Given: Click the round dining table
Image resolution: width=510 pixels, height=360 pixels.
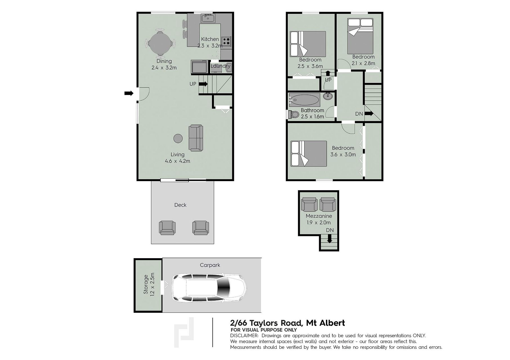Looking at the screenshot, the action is [160, 44].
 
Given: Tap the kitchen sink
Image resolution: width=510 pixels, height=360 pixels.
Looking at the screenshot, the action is [208, 18].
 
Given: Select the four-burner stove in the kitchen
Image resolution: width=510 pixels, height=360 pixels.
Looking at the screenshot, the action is [226, 41].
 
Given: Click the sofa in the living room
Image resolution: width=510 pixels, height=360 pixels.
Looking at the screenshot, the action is [196, 138].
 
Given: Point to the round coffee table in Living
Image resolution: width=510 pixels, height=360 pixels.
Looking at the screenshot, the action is [178, 138].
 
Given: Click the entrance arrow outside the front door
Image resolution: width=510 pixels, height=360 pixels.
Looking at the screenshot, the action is [129, 93].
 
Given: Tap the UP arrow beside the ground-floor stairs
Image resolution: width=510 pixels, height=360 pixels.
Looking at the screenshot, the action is [203, 84].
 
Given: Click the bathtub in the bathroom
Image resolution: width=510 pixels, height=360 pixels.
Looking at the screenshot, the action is [305, 100].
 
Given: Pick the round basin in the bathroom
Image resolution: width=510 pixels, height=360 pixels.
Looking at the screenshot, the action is [328, 96].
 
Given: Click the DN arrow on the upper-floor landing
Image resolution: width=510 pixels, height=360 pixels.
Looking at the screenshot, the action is [369, 114].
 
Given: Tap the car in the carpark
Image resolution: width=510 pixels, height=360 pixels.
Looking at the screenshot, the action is [209, 288].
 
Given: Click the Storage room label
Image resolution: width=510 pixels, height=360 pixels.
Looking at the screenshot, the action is [146, 284].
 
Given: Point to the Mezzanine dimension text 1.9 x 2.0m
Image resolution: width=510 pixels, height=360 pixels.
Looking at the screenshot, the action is [319, 222].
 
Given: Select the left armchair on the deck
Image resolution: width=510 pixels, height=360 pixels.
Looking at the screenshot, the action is [167, 228].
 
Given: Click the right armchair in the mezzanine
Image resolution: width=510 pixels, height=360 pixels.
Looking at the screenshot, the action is [328, 204].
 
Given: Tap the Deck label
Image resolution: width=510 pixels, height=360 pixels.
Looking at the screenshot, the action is [180, 205].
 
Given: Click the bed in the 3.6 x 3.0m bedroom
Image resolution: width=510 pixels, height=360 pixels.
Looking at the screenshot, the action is [309, 154].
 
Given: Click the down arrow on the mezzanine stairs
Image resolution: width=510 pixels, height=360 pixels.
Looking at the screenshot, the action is [329, 239].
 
